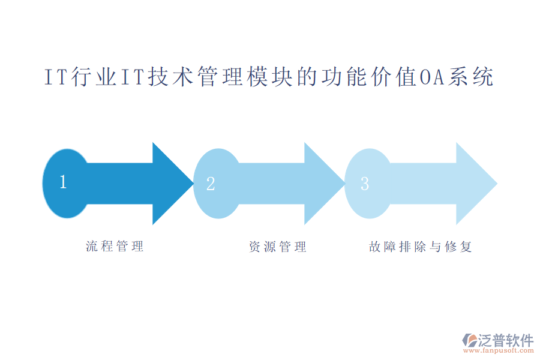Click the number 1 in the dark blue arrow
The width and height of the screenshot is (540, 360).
pyautogui.click(x=63, y=182)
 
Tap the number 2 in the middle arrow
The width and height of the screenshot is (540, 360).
pyautogui.click(x=211, y=184)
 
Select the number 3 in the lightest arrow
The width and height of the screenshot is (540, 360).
pyautogui.click(x=364, y=184)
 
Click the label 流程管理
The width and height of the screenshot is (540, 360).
pyautogui.click(x=115, y=246)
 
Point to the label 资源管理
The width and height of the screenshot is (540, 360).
pyautogui.click(x=277, y=247)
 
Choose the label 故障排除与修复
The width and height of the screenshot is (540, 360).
pyautogui.click(x=421, y=247)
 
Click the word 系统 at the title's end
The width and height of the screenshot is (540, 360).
pyautogui.click(x=470, y=78)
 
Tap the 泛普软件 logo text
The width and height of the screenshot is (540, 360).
pyautogui.click(x=505, y=340)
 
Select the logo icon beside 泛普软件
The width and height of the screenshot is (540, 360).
pyautogui.click(x=469, y=341)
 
